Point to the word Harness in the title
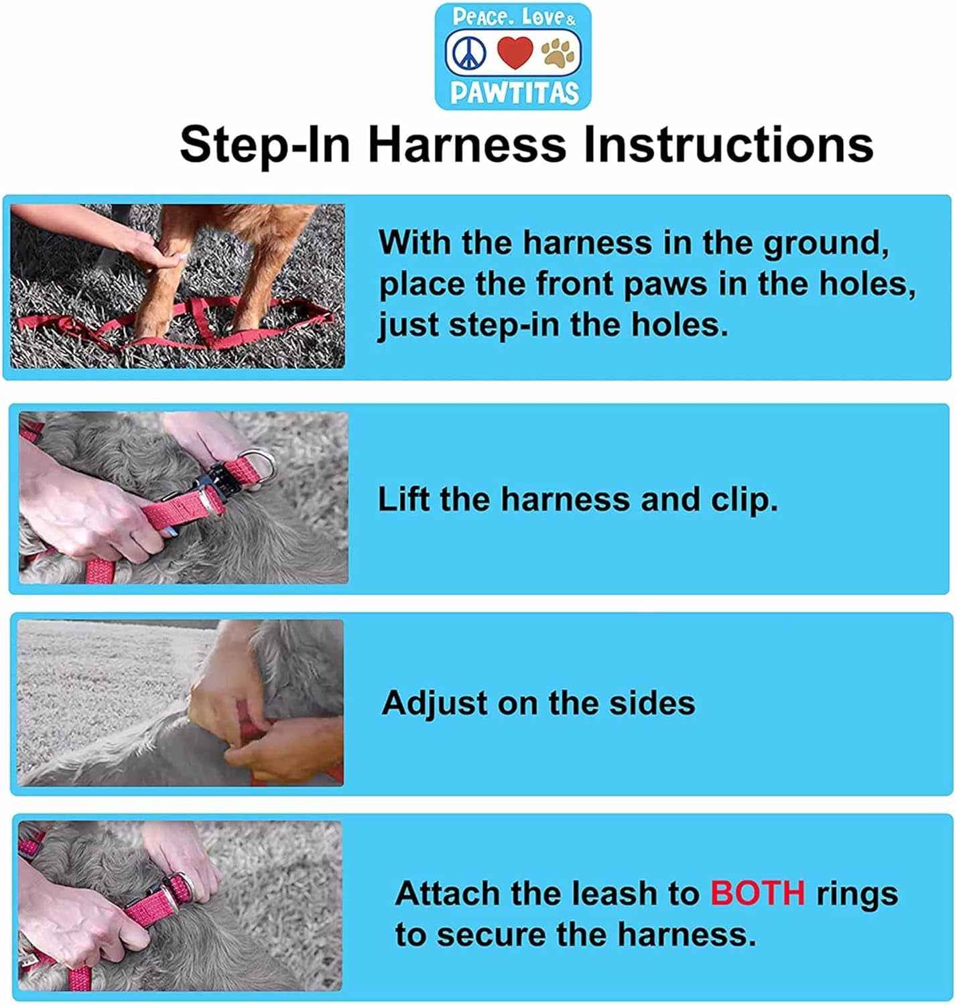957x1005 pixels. (x=467, y=145)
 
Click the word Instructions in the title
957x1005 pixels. (x=728, y=145)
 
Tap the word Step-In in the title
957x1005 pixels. (x=265, y=145)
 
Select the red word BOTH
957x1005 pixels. (x=757, y=893)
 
